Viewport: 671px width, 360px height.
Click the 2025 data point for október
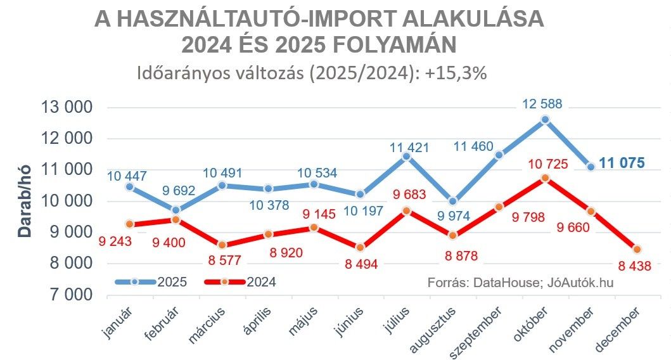(x=546, y=120)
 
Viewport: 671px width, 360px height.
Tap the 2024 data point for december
(x=637, y=249)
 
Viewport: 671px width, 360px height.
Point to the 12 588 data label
(x=543, y=105)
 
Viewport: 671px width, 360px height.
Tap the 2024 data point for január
(x=129, y=224)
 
